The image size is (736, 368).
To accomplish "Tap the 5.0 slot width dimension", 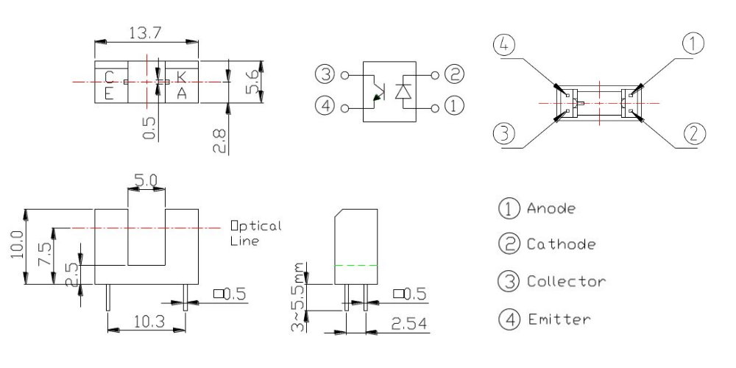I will tap(145, 179).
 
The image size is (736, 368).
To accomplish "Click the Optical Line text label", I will tap(255, 233).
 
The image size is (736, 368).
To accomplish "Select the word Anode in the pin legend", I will tap(551, 208).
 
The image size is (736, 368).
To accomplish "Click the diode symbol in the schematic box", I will tap(403, 91).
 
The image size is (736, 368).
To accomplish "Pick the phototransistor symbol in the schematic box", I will tap(378, 91).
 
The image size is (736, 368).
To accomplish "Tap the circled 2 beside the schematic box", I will tap(454, 74).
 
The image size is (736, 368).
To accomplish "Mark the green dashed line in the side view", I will tap(355, 264).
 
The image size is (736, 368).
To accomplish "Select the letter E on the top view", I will tap(109, 92).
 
